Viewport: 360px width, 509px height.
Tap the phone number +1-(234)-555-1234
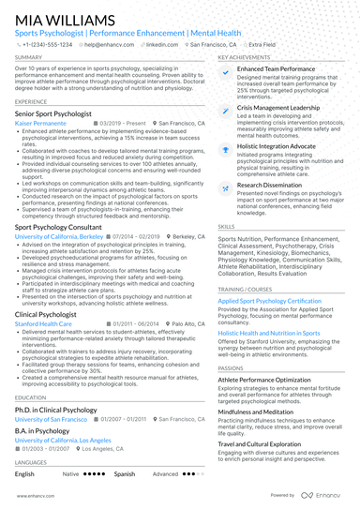47,44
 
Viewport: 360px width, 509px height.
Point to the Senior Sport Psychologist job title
53,113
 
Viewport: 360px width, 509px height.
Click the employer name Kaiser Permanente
42,123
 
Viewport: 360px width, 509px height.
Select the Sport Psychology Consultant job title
59,227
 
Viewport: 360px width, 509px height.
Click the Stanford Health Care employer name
45,323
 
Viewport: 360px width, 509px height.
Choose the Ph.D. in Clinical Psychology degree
55,410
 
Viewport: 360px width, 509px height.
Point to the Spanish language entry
125,474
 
